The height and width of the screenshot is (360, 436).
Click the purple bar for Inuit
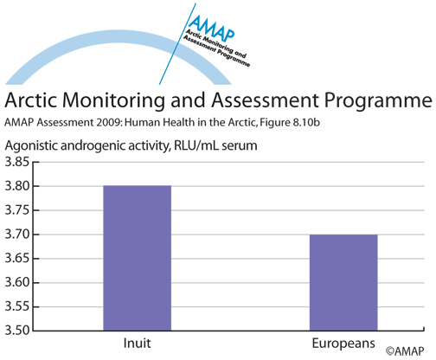click(x=138, y=258)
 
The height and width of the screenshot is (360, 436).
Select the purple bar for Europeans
click(x=343, y=282)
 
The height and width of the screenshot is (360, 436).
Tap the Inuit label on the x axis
click(x=137, y=344)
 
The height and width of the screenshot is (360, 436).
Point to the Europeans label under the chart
click(x=343, y=344)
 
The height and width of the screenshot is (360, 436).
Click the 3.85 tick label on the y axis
click(x=17, y=162)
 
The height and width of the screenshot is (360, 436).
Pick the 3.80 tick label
click(x=17, y=186)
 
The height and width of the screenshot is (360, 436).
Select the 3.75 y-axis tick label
click(x=17, y=210)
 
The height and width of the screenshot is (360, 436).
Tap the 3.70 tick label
click(x=17, y=235)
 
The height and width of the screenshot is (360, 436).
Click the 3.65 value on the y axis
click(x=17, y=258)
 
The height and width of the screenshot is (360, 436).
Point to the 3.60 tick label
click(x=17, y=282)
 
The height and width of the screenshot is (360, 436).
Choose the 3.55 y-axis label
click(x=17, y=306)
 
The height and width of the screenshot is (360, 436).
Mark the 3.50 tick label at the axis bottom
click(x=17, y=331)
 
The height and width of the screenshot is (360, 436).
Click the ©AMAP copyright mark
click(x=405, y=351)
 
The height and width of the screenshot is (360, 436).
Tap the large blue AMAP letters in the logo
click(x=212, y=28)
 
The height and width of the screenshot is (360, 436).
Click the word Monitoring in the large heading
click(x=113, y=100)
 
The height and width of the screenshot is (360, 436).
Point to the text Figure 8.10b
click(x=290, y=123)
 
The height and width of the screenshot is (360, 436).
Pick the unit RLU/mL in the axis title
click(x=196, y=145)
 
